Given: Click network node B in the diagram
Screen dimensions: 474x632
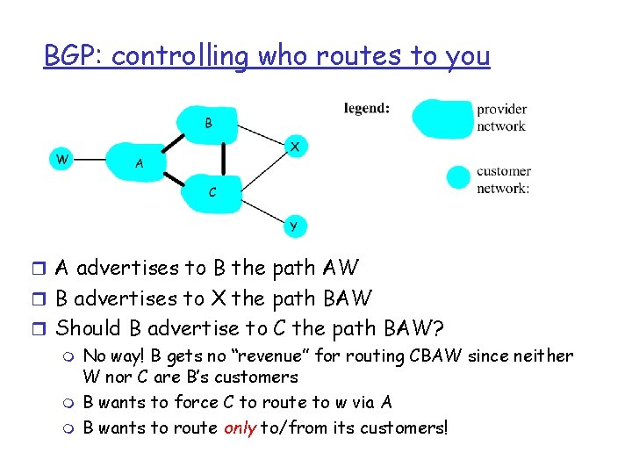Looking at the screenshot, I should (209, 124).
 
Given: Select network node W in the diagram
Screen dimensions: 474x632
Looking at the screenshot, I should (61, 159).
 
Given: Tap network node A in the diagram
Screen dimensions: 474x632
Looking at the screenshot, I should (139, 162).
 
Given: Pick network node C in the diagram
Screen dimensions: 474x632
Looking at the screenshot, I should (212, 190).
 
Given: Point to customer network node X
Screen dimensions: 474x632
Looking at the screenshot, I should (295, 147).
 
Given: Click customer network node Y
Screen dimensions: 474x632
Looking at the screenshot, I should (293, 226).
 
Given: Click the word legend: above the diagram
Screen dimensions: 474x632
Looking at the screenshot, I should (367, 109).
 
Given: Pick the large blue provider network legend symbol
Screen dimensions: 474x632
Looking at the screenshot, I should (441, 118).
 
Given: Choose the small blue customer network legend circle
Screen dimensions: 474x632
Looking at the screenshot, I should (458, 178).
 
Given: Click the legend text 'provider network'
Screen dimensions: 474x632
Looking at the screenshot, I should (501, 118).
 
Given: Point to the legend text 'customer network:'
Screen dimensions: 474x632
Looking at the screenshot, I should (503, 179).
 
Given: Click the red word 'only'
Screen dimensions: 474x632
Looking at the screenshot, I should (241, 427).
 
